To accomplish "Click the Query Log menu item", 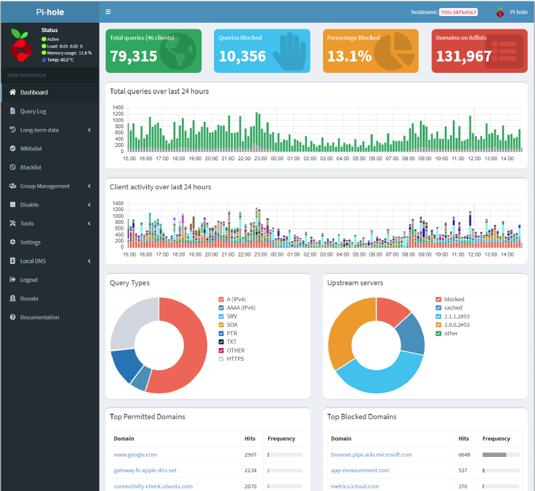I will (33, 111).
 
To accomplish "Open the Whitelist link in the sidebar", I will (31, 148).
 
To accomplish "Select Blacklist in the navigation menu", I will (31, 167).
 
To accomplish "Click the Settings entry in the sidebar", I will (30, 242).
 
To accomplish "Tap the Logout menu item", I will (29, 279).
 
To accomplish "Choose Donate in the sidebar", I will (29, 298).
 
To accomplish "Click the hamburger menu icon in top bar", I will (108, 12).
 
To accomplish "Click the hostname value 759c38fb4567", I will (458, 12).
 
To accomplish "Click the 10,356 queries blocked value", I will (242, 57).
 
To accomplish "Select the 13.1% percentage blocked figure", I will (349, 57).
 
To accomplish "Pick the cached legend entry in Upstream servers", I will (453, 307).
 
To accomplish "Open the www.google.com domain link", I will (135, 454).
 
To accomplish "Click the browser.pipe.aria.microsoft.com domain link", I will (371, 454).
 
